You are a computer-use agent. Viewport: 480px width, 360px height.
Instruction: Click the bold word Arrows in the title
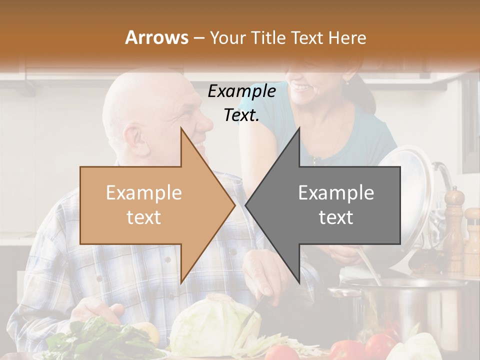(x=156, y=37)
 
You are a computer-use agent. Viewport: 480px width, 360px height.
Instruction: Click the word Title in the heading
(x=268, y=37)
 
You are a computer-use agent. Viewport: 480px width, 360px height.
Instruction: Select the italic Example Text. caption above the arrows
(x=241, y=103)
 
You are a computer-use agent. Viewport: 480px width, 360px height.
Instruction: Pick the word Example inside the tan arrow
(x=143, y=193)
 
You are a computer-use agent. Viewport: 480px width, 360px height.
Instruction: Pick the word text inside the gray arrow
(x=336, y=217)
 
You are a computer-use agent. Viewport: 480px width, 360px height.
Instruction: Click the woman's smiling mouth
(x=301, y=88)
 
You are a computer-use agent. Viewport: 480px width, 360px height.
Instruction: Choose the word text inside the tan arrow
(x=143, y=217)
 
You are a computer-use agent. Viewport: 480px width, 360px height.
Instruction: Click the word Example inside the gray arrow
(x=336, y=193)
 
